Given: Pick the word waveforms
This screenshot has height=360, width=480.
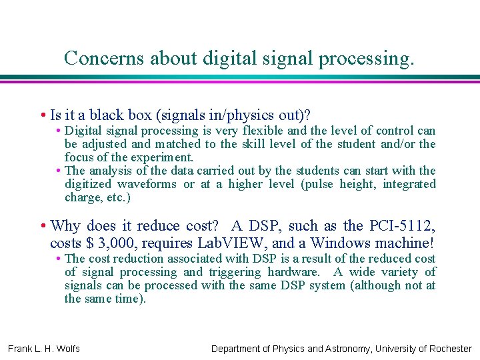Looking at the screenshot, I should [147, 184].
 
